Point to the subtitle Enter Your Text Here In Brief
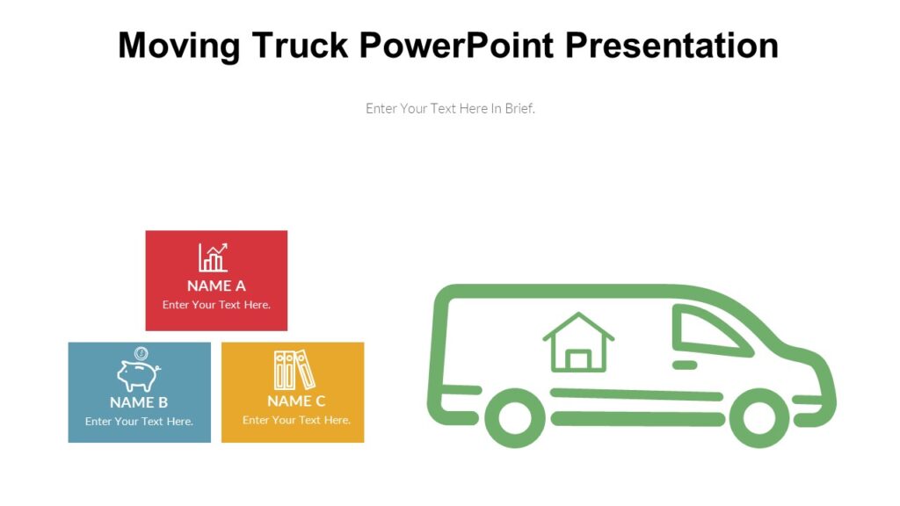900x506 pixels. tap(450, 109)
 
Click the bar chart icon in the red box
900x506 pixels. tap(214, 257)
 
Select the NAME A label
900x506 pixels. tap(216, 286)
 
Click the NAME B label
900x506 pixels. tap(139, 402)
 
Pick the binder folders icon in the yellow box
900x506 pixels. tap(294, 370)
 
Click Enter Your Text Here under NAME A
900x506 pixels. tap(216, 305)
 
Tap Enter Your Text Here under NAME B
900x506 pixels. tap(139, 422)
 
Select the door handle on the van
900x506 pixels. tap(685, 364)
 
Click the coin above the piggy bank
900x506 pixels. tap(141, 353)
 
